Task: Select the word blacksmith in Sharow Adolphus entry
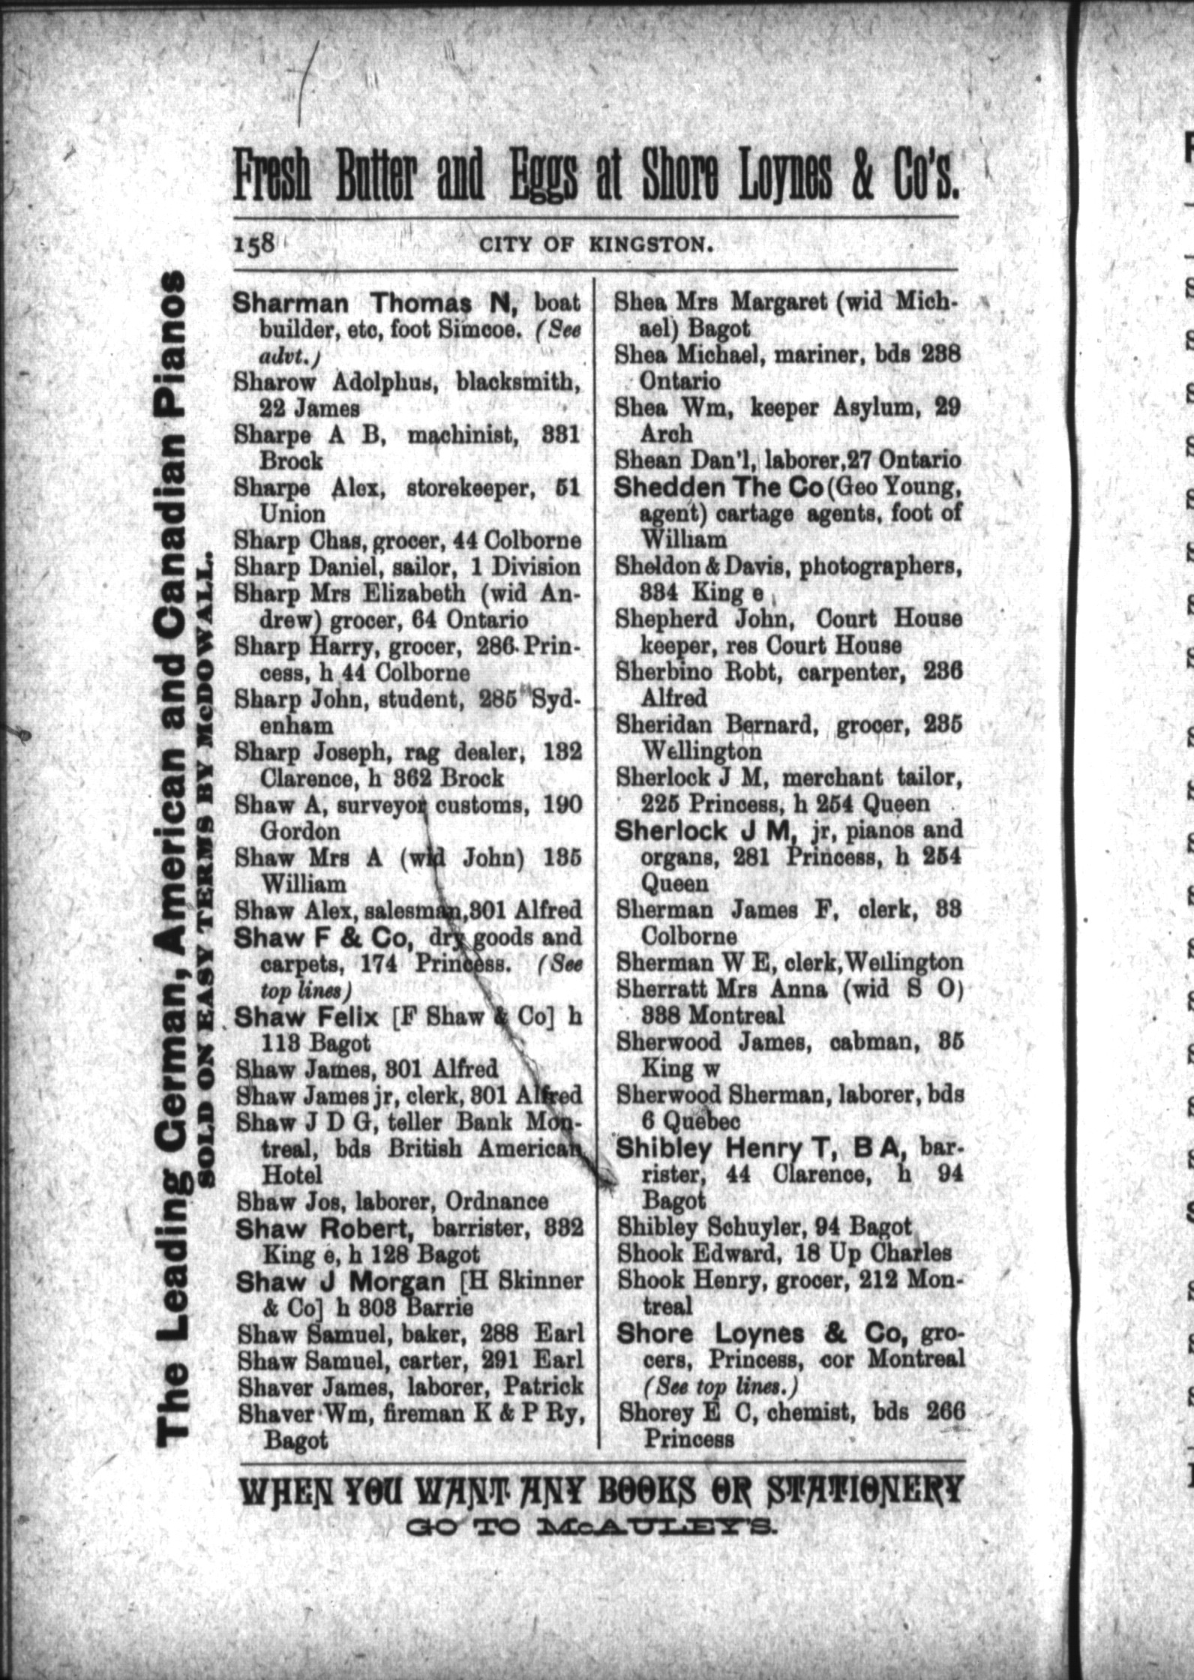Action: click(x=520, y=382)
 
